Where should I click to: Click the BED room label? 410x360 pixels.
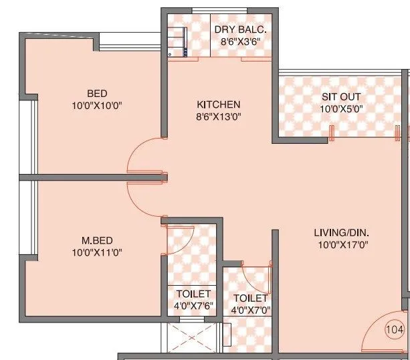tap(97, 93)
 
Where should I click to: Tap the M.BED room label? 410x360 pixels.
tap(97, 240)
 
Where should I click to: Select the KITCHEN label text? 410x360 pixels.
tap(218, 104)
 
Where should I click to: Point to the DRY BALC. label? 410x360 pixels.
tap(240, 29)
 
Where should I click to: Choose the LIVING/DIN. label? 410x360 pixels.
tap(342, 233)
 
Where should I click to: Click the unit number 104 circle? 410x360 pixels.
tap(395, 329)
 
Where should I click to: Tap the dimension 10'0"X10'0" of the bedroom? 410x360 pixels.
tap(97, 105)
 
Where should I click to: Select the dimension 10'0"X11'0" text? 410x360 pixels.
tap(97, 252)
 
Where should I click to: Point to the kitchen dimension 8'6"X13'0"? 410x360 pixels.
tap(218, 116)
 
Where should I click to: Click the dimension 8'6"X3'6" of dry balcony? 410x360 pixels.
tap(240, 41)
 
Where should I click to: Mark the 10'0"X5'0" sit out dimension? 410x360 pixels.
tap(340, 108)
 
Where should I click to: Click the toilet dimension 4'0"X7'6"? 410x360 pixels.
tap(194, 306)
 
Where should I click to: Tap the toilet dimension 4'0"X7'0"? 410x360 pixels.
tap(250, 310)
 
